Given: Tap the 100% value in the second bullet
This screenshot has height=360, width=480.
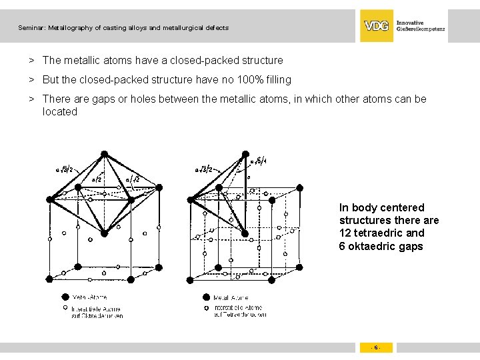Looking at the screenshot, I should (249, 80).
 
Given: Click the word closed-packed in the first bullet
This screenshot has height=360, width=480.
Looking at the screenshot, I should (203, 61).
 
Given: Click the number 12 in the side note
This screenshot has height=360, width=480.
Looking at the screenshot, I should (345, 233).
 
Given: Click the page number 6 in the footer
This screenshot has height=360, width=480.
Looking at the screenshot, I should (376, 347).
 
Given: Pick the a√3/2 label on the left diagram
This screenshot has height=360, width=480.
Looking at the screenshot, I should (65, 169).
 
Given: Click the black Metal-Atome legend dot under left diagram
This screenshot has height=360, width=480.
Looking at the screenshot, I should (65, 297).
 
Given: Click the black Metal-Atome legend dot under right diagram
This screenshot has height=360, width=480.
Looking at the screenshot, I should (207, 297).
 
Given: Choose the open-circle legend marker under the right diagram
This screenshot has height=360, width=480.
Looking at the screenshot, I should (207, 308).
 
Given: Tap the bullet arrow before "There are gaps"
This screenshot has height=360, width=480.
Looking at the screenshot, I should (31, 99).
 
